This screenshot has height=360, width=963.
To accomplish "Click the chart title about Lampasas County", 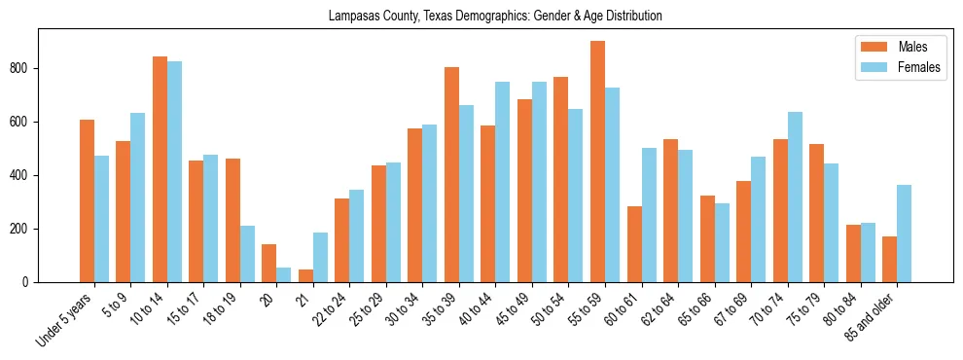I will [x=495, y=16].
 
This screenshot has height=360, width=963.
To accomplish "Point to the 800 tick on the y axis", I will [x=23, y=69].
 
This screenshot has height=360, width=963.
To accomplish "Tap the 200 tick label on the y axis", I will [x=23, y=230].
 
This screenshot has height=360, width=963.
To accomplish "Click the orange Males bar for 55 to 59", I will [x=597, y=162].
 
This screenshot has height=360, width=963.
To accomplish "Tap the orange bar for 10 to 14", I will [x=160, y=169].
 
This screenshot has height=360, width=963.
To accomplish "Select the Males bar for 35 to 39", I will [x=451, y=175].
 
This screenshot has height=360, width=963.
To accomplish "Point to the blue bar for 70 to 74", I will [x=795, y=198].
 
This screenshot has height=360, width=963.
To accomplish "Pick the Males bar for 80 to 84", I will [x=853, y=254].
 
